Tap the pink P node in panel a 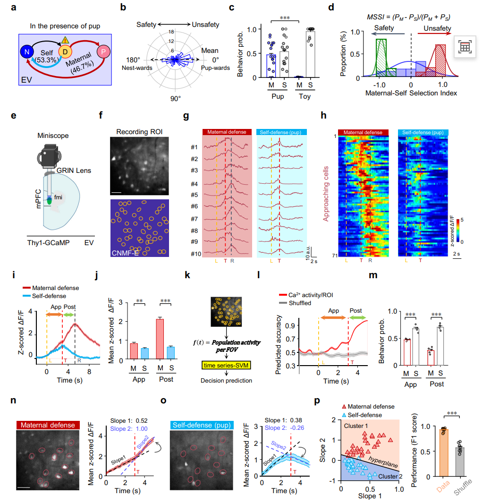click(102, 51)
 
